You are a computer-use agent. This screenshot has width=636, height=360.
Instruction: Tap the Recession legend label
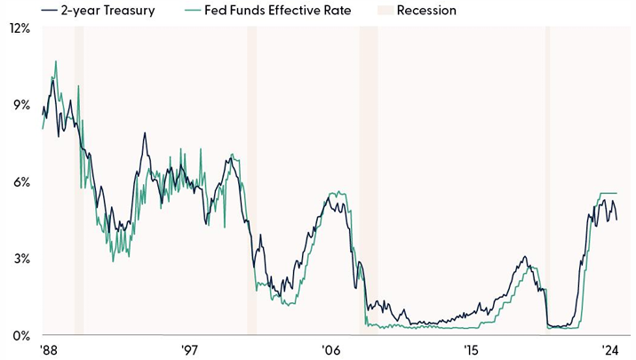(427, 11)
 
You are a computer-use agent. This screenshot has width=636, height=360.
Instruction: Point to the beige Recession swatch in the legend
(380, 11)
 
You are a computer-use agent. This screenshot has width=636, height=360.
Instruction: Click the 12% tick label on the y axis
(19, 28)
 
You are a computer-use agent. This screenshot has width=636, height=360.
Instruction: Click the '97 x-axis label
(189, 349)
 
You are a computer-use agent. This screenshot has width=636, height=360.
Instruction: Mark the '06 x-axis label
(330, 349)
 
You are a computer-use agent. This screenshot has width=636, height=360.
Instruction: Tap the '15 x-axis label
(471, 349)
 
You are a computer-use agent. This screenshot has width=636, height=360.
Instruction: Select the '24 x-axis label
(609, 349)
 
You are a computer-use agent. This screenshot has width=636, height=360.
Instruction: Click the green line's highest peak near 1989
(56, 61)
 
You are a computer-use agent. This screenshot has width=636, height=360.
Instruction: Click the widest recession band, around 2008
(368, 178)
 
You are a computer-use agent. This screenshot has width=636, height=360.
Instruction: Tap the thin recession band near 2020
(547, 178)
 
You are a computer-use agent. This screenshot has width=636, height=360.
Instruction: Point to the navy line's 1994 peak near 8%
(144, 133)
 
